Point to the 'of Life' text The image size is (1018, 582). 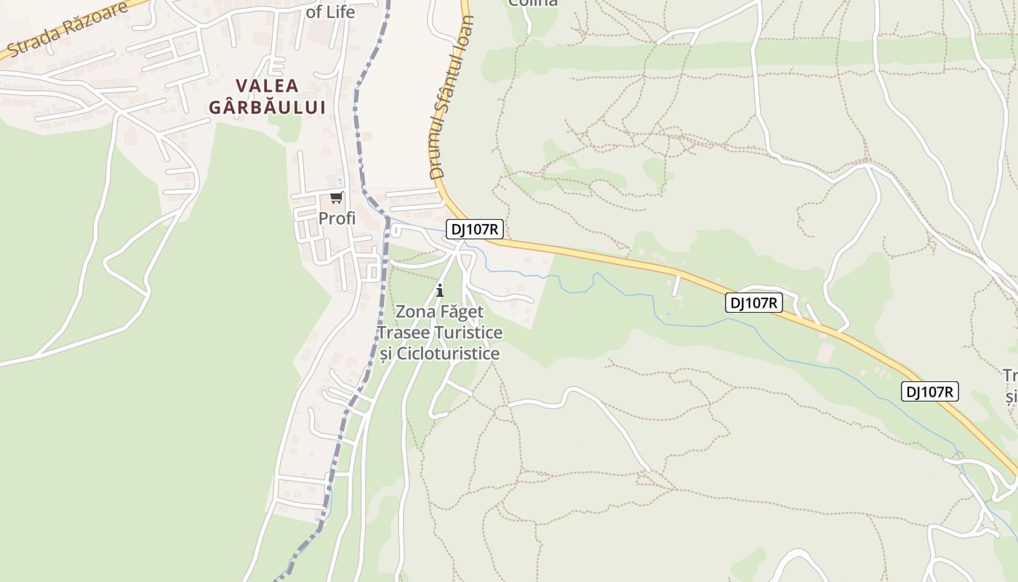click(330, 12)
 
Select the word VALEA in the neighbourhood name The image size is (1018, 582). click(267, 86)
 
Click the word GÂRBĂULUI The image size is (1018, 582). click(267, 107)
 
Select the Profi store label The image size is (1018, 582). click(337, 218)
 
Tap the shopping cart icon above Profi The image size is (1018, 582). click(336, 197)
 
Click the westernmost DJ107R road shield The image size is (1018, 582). click(475, 230)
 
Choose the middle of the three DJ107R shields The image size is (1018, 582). click(754, 303)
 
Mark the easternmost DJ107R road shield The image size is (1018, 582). click(930, 391)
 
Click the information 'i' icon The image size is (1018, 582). click(439, 290)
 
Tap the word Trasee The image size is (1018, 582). click(403, 332)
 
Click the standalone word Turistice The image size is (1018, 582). click(468, 332)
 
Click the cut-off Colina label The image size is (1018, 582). click(533, 3)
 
